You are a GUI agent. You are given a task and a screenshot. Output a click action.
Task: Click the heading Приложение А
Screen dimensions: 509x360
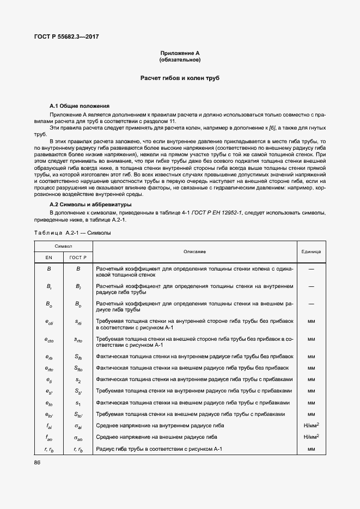180,53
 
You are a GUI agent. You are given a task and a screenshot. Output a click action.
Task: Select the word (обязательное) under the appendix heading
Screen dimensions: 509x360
180,59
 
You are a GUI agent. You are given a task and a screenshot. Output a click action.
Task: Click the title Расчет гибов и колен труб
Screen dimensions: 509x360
180,79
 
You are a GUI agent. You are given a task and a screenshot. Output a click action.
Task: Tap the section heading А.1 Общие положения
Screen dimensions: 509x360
80,106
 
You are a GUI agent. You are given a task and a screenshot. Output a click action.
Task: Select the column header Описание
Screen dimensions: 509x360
194,252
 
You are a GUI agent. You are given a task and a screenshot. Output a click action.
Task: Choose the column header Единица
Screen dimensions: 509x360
311,252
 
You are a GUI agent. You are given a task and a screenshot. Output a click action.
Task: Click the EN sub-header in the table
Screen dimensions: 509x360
48,256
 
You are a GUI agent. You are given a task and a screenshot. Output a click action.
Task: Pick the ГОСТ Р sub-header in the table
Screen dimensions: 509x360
78,256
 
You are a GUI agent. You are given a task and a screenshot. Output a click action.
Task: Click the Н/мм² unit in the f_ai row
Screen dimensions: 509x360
311,425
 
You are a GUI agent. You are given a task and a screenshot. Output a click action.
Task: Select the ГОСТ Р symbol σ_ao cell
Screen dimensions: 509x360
78,437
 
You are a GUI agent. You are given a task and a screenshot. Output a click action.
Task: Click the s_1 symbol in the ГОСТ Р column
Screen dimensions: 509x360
78,403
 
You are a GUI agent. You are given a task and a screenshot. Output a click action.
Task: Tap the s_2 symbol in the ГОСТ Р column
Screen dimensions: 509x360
78,379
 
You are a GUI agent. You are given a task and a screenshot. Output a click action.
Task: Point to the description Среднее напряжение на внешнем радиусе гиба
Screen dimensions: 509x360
157,437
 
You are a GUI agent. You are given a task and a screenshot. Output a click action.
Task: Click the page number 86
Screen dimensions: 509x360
38,462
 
